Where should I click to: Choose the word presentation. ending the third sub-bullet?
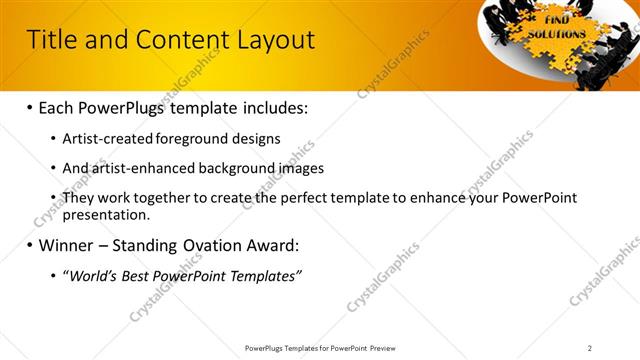(x=106, y=214)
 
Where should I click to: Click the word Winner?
(x=68, y=245)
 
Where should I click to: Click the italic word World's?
(x=91, y=276)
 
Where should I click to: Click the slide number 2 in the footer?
(x=589, y=347)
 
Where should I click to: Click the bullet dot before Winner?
(x=29, y=245)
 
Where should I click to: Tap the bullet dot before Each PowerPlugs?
(x=29, y=106)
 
